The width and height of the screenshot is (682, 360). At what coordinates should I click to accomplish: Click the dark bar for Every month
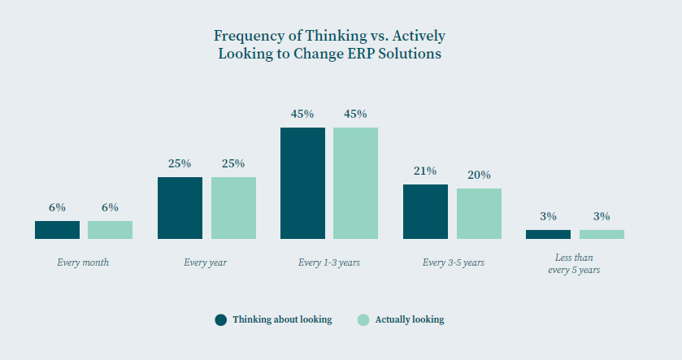[x=57, y=230]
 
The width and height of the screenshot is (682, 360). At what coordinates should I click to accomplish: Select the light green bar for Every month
[x=110, y=230]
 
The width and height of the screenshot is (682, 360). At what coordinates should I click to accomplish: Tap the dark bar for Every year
[x=180, y=208]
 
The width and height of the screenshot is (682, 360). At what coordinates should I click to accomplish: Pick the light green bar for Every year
[x=233, y=208]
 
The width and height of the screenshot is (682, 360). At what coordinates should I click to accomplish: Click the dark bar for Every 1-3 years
[x=302, y=183]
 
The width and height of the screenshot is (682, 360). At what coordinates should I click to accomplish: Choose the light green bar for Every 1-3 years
[x=355, y=183]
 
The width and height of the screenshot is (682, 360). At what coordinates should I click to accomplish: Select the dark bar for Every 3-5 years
[x=425, y=211]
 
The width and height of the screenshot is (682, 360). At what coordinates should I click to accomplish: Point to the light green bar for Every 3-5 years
[x=479, y=214]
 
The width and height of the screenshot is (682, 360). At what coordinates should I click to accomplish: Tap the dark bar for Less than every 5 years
[x=548, y=234]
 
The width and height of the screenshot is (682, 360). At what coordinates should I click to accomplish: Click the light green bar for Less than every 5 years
[x=602, y=234]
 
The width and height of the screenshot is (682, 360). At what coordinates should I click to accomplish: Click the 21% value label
[x=425, y=171]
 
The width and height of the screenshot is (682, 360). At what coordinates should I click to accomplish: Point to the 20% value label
[x=479, y=175]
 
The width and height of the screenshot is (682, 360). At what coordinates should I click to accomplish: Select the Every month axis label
[x=83, y=262]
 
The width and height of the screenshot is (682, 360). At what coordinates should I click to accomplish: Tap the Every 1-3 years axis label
[x=329, y=262]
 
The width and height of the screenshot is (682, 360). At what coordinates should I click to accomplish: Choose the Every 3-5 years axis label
[x=452, y=262]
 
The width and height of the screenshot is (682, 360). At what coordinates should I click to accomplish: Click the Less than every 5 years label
[x=574, y=263]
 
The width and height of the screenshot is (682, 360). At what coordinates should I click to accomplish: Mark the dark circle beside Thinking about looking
[x=221, y=319]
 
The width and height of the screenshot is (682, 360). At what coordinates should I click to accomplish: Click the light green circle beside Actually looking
[x=363, y=319]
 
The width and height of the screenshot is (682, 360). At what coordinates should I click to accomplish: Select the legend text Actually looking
[x=410, y=319]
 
